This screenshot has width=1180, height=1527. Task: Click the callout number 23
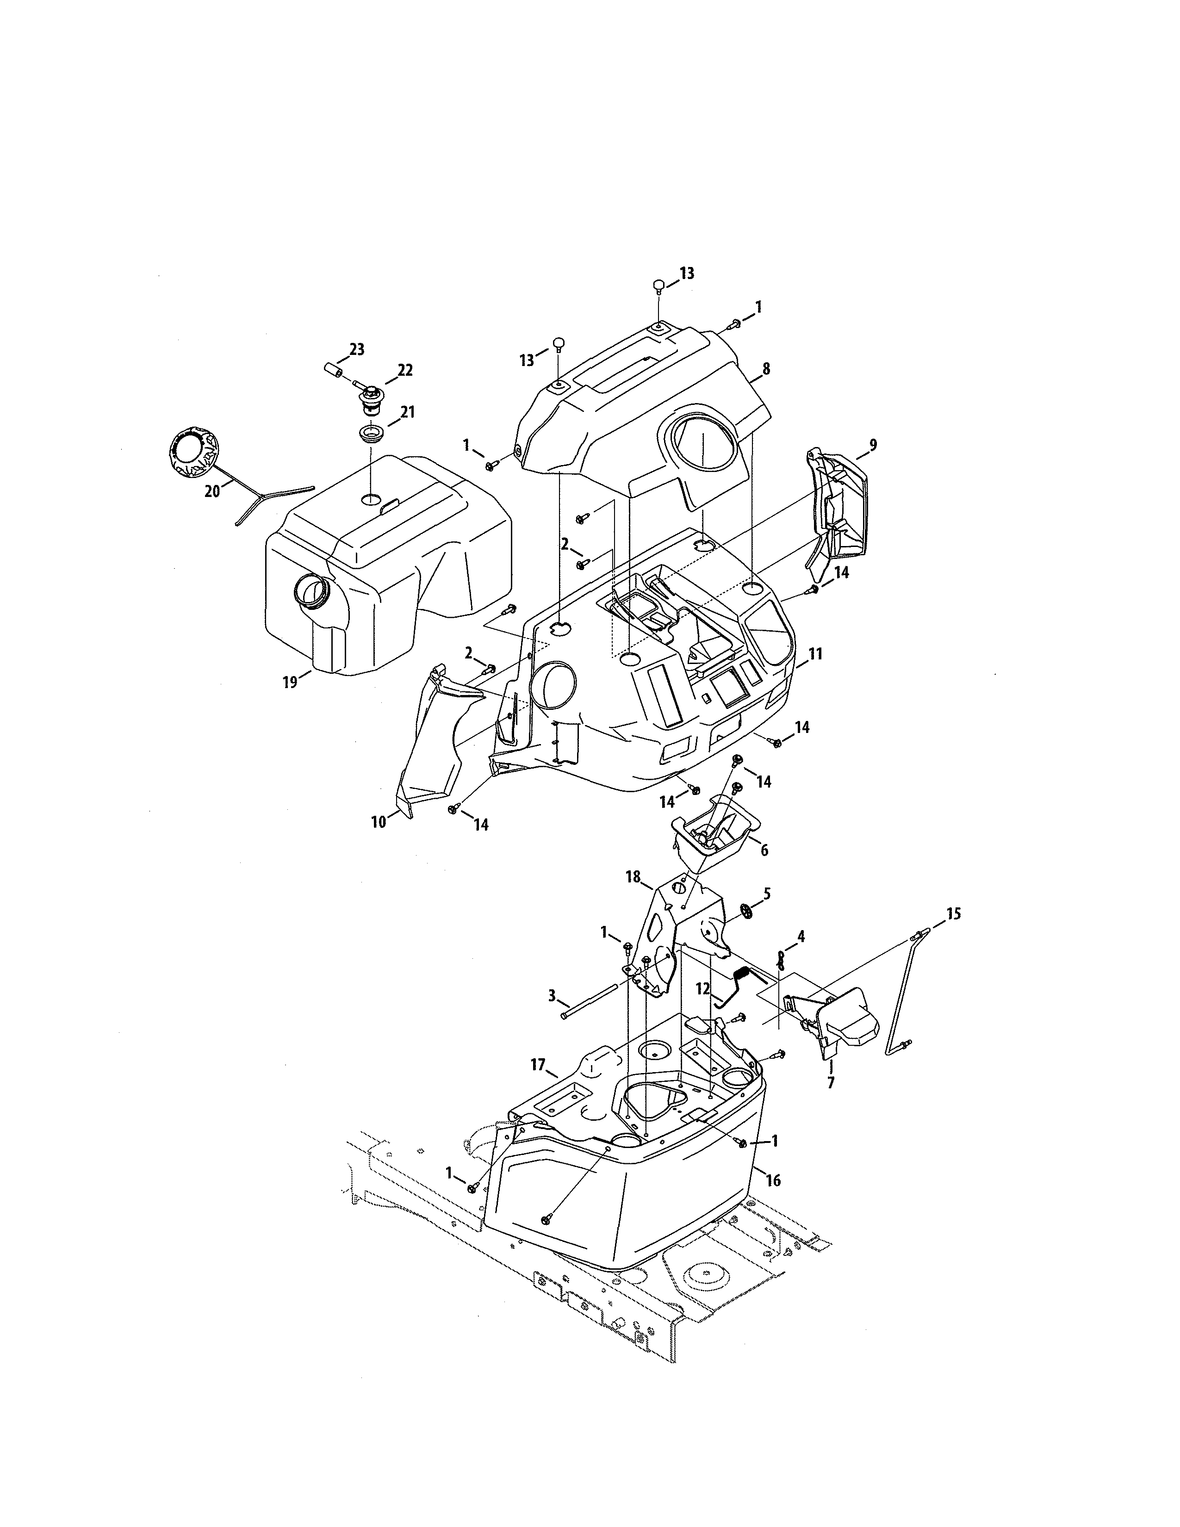click(x=356, y=349)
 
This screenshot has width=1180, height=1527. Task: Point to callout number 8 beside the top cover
click(x=766, y=369)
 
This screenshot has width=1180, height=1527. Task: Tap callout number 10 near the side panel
click(x=378, y=822)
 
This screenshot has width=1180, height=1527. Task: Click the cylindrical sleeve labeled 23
click(x=334, y=368)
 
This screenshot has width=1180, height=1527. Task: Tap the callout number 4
click(x=801, y=936)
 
